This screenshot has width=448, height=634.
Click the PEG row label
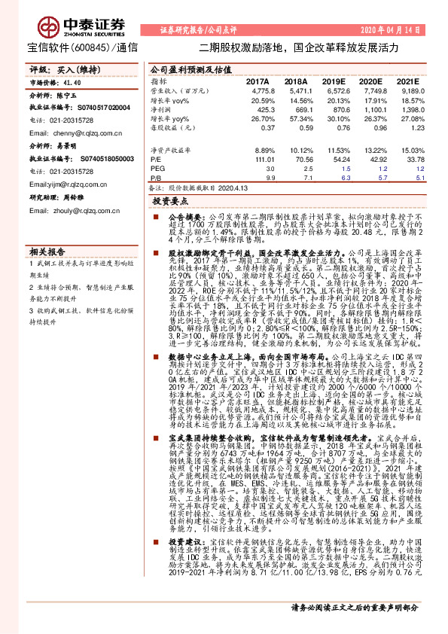157,170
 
